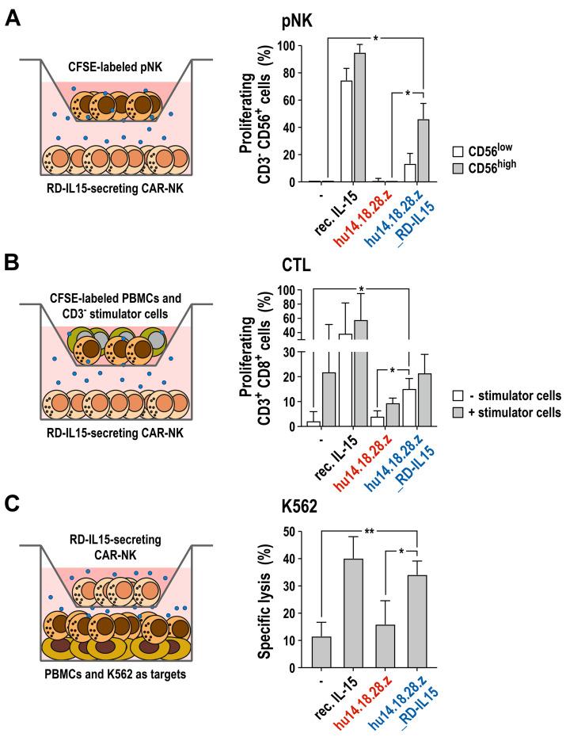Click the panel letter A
coord(13,16)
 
